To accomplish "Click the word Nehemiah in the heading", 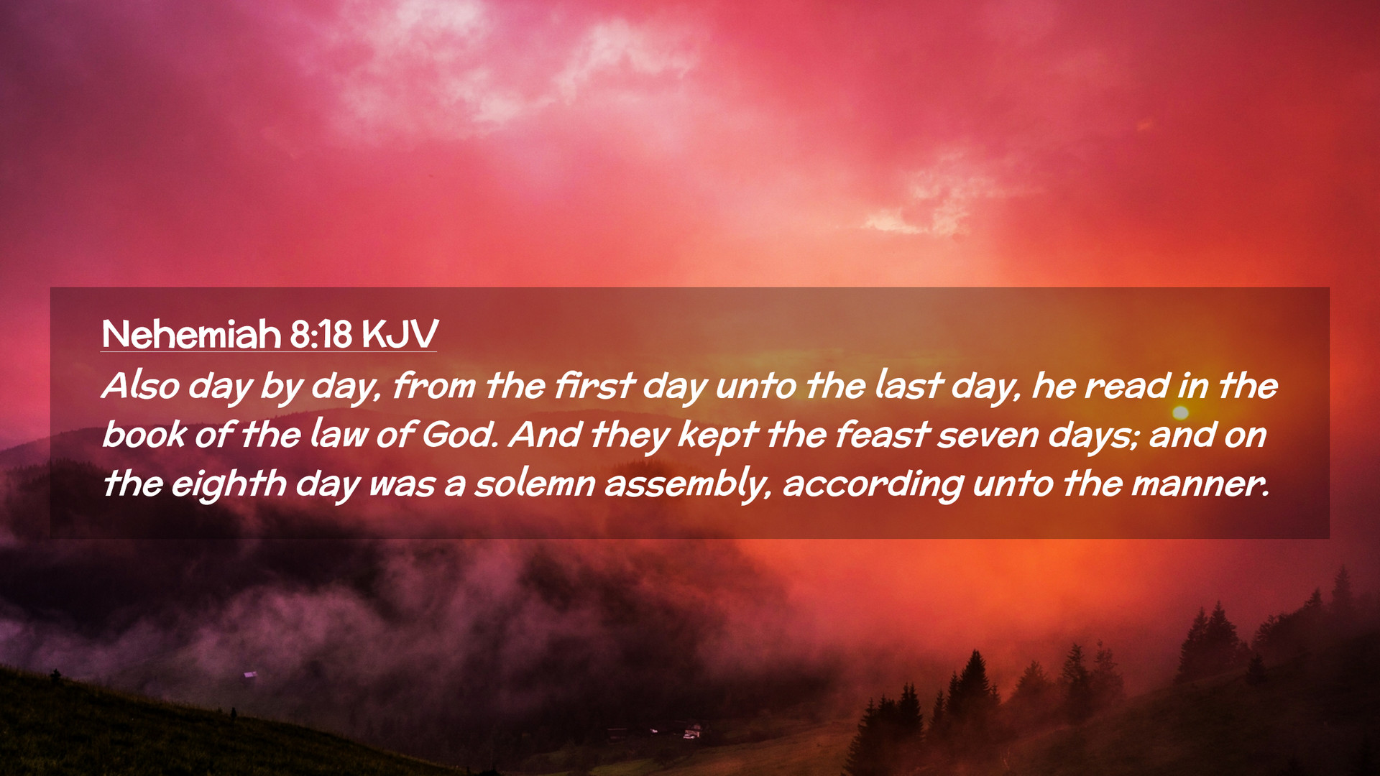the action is click(x=191, y=333).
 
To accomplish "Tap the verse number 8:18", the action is click(x=321, y=333).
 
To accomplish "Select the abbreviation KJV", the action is click(x=399, y=333).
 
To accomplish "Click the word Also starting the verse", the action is click(x=141, y=385).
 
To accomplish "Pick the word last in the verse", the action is click(x=908, y=385).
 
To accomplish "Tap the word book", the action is click(x=144, y=434).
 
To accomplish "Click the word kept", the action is click(x=717, y=435).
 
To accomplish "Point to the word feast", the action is click(x=883, y=434).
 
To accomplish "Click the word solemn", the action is click(x=535, y=483).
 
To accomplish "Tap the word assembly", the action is click(x=689, y=484).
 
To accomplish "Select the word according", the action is click(x=873, y=484).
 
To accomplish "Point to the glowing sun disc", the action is click(x=1180, y=412).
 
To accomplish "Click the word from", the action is click(x=434, y=385).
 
